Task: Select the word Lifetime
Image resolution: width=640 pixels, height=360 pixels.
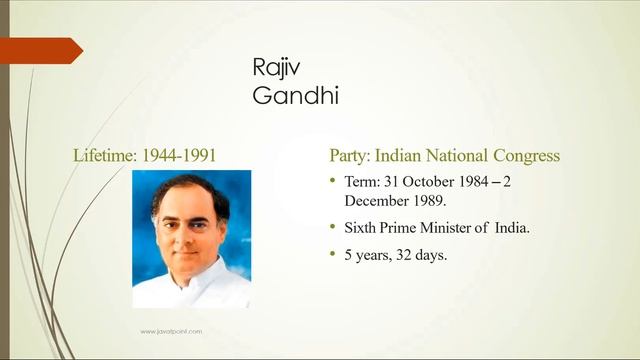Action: (x=102, y=156)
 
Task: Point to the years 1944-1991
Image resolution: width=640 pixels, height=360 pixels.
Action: (x=179, y=156)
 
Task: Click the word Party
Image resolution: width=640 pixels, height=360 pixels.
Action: (x=350, y=156)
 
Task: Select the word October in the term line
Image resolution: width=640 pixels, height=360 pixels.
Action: (x=431, y=183)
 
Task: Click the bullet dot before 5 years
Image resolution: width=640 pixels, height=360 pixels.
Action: (x=334, y=255)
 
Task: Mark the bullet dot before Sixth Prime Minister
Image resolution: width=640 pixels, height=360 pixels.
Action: (x=334, y=228)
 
